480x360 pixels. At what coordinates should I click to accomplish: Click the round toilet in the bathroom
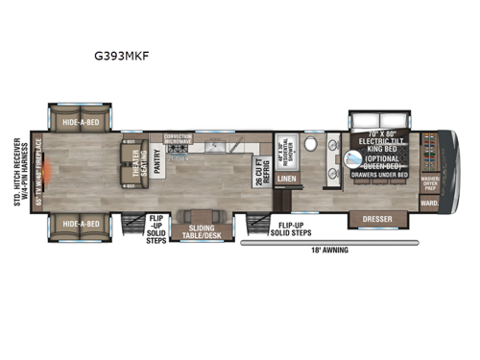click(x=311, y=145)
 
